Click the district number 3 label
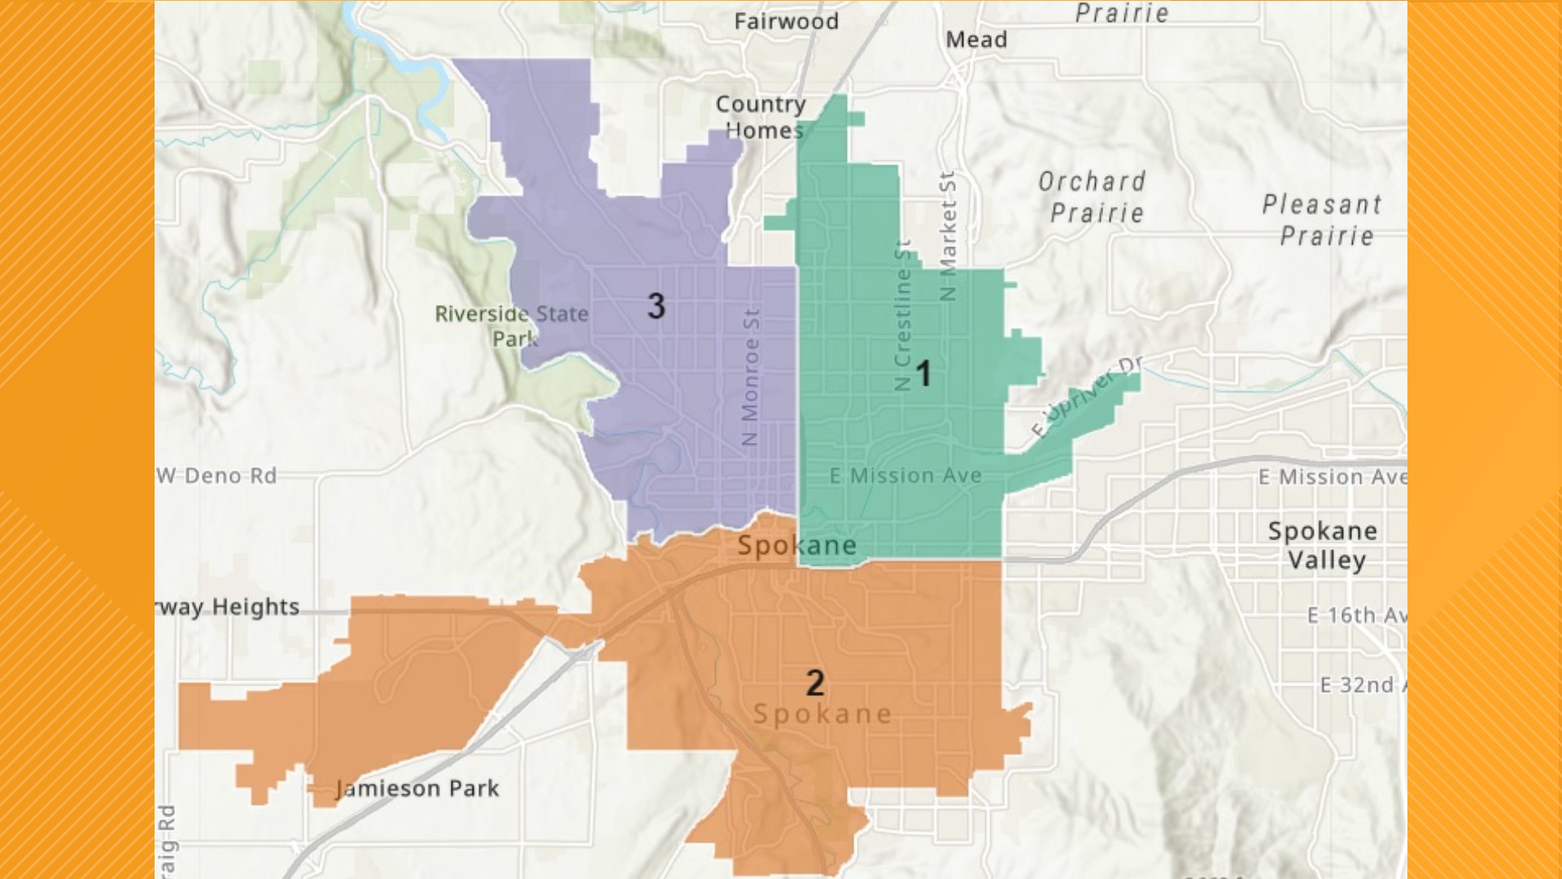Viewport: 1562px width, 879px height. click(x=656, y=306)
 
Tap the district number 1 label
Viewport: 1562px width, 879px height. click(x=923, y=374)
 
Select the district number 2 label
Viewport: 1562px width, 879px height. click(x=815, y=683)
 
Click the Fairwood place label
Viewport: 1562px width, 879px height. click(x=786, y=21)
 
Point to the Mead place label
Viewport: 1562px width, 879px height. click(x=976, y=39)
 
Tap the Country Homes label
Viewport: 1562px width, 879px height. click(x=761, y=117)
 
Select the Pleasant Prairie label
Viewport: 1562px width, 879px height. click(x=1323, y=220)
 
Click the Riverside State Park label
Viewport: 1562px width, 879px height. click(x=512, y=326)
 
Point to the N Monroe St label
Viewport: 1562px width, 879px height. click(x=750, y=376)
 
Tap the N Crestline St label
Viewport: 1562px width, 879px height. click(x=903, y=316)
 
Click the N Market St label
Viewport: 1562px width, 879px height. click(x=948, y=236)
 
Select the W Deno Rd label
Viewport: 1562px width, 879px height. click(x=217, y=475)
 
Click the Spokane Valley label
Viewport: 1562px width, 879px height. click(x=1324, y=545)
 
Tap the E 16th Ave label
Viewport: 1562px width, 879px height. click(x=1355, y=615)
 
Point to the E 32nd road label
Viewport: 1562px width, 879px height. click(x=1361, y=685)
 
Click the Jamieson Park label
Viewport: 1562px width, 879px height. click(x=418, y=788)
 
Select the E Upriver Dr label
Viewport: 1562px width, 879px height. click(x=1086, y=396)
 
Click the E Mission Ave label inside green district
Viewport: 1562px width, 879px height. click(x=905, y=475)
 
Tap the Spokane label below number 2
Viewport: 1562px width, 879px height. click(x=822, y=714)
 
